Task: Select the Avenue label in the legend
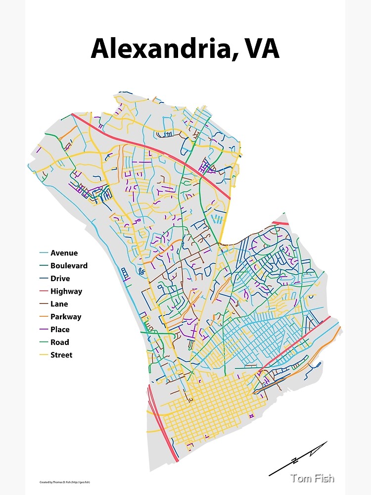click(x=64, y=253)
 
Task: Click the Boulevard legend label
click(x=69, y=266)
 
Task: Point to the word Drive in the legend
click(x=60, y=279)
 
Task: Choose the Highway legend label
click(x=66, y=292)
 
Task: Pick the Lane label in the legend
click(x=59, y=304)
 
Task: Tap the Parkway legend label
click(x=65, y=317)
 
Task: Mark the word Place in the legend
click(x=60, y=330)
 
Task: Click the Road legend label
click(x=59, y=342)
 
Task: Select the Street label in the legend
click(x=61, y=355)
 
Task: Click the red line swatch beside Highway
click(x=44, y=292)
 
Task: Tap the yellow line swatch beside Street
click(x=44, y=355)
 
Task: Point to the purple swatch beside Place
click(x=44, y=330)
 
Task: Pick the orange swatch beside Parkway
click(x=44, y=317)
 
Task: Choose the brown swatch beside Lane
click(x=44, y=304)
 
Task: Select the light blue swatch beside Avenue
click(x=44, y=253)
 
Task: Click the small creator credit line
click(x=64, y=482)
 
